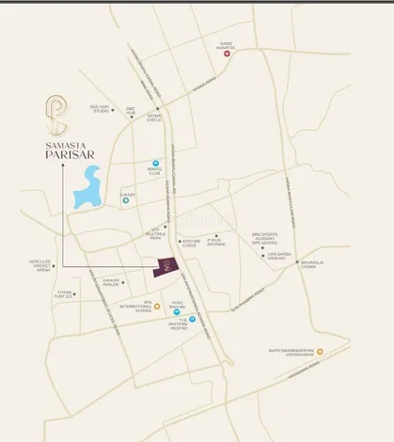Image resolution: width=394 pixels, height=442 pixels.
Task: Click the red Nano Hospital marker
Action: pyautogui.click(x=227, y=55)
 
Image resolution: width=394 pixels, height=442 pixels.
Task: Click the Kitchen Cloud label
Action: pyautogui.click(x=191, y=241)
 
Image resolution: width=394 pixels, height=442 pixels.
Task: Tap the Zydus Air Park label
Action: pyautogui.click(x=217, y=242)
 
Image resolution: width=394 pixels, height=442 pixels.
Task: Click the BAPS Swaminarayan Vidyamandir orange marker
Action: pyautogui.click(x=320, y=353)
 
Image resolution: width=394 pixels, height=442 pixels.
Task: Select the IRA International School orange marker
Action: pyautogui.click(x=157, y=307)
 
